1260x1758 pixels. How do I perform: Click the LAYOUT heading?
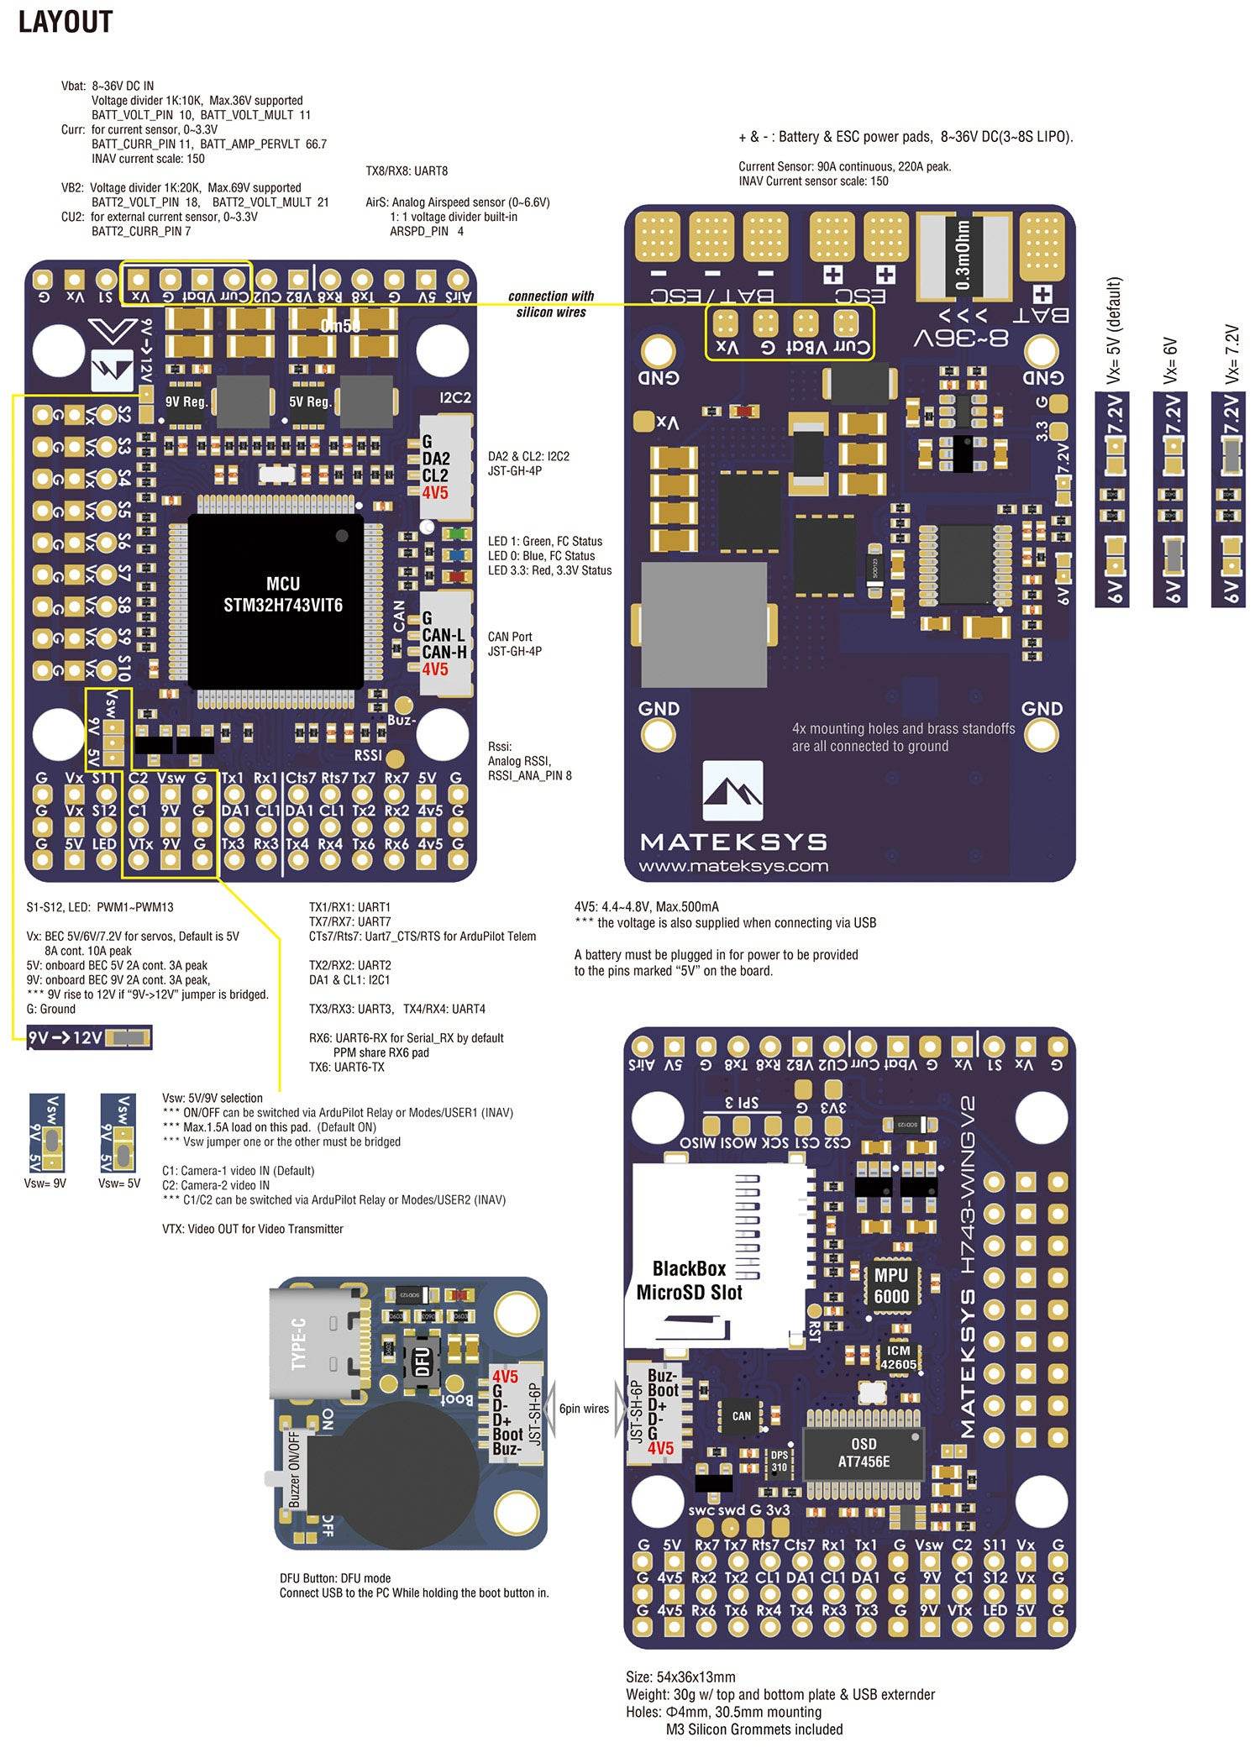point(66,23)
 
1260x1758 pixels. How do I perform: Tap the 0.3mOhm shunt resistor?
point(963,255)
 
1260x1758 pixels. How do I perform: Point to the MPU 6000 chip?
point(891,1285)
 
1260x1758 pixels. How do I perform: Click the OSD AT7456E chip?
point(864,1453)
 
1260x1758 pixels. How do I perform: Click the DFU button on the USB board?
point(421,1359)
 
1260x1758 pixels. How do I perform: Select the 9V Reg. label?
point(186,401)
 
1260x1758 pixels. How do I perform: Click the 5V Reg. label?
point(308,401)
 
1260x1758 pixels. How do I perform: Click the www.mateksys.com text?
point(732,866)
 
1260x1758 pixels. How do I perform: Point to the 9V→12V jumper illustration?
point(90,1038)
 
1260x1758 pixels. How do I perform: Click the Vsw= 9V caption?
point(45,1183)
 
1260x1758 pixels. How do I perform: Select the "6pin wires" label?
point(584,1409)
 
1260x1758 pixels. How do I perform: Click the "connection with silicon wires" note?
point(551,304)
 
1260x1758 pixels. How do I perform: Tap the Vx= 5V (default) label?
point(1114,331)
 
